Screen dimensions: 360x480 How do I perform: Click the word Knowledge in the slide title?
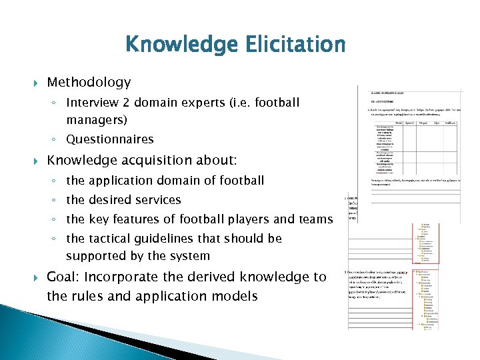[175, 45]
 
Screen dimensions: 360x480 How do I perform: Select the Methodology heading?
[89, 83]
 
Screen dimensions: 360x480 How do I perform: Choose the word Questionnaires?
[110, 139]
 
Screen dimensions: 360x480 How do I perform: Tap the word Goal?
[64, 277]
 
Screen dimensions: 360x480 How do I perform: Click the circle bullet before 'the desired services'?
[57, 200]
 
